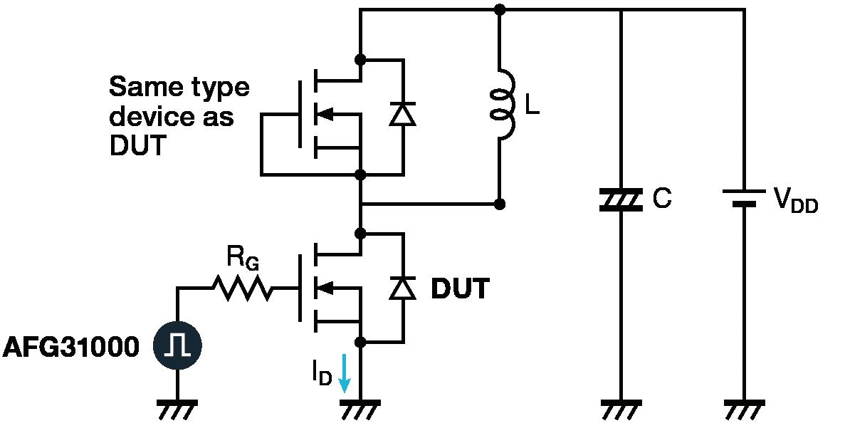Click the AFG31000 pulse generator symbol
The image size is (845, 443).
[x=177, y=345]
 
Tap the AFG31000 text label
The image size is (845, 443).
[x=71, y=347]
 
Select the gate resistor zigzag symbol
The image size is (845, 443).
[x=243, y=288]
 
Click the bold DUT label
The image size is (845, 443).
[x=461, y=289]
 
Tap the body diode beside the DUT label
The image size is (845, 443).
[x=403, y=288]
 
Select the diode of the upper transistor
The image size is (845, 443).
[x=403, y=114]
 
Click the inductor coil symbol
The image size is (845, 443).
[x=502, y=104]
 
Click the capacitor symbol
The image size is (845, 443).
[x=621, y=199]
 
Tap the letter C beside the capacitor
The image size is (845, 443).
[x=662, y=198]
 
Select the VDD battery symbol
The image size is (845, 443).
[x=744, y=197]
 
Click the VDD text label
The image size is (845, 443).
[x=795, y=200]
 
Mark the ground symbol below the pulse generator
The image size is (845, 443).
[x=177, y=410]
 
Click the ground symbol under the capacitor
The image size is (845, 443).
[x=621, y=410]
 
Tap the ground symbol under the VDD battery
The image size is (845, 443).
[x=744, y=410]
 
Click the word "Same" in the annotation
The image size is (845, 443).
[x=142, y=86]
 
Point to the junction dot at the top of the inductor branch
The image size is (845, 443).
[x=500, y=9]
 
